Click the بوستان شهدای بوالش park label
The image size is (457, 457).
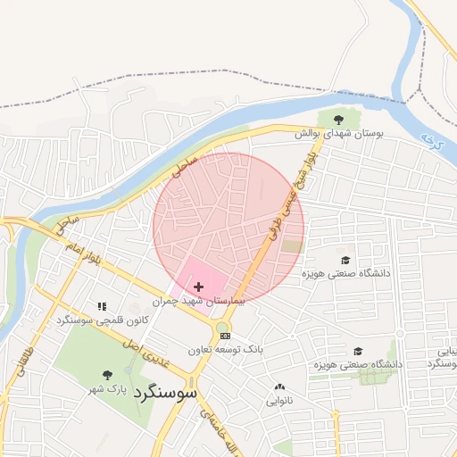339,133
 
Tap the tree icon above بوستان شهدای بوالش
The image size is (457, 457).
338,119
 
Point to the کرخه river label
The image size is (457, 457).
431,141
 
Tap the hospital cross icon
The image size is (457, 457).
197,287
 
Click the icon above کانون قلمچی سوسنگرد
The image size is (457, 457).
101,305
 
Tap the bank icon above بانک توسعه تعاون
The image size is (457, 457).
225,337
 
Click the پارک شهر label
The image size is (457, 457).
107,390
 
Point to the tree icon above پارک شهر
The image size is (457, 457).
108,376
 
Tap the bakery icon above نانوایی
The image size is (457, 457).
280,387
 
